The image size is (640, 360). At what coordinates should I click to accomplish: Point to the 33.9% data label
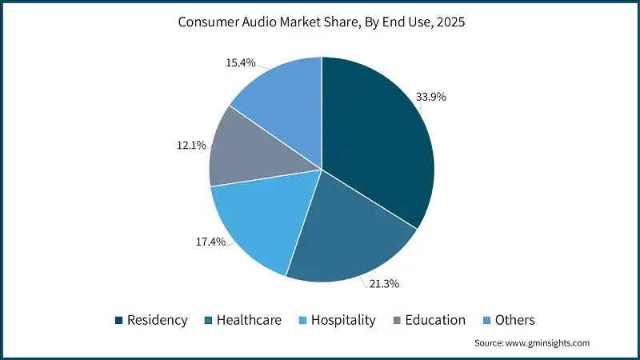click(430, 97)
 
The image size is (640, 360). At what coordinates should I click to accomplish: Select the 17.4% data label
click(210, 242)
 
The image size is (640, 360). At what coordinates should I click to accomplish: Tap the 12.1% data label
click(191, 146)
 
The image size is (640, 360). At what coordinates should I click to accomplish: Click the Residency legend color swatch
click(120, 320)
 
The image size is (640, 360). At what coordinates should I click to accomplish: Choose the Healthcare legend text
click(250, 320)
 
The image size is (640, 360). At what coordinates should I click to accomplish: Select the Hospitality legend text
click(343, 320)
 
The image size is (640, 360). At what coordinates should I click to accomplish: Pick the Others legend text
click(514, 320)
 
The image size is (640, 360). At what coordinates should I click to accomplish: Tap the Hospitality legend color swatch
click(302, 320)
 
